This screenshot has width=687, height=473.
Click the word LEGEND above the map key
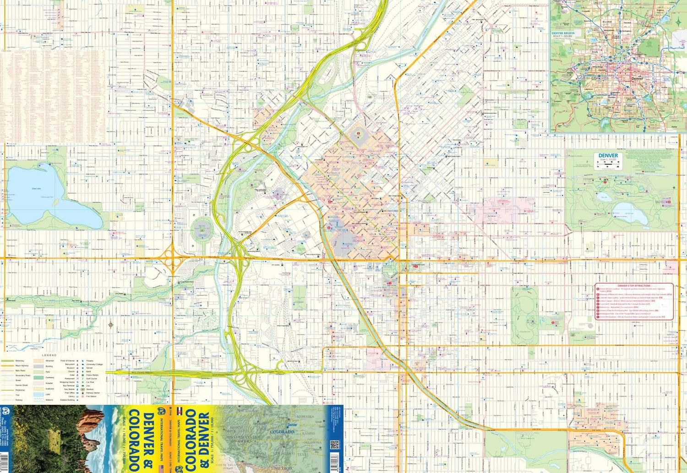pyautogui.click(x=49, y=355)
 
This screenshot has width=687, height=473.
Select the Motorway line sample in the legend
pyautogui.click(x=8, y=361)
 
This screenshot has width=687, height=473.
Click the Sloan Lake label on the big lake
pyautogui.click(x=36, y=189)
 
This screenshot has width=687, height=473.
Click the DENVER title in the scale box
pyautogui.click(x=608, y=156)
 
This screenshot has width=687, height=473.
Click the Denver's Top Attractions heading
pyautogui.click(x=634, y=286)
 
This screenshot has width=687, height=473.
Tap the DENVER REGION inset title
pyautogui.click(x=563, y=33)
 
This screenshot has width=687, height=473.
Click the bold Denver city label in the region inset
pyautogui.click(x=637, y=79)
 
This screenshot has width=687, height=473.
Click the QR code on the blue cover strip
pyautogui.click(x=334, y=445)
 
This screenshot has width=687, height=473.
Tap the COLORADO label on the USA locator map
pyautogui.click(x=282, y=432)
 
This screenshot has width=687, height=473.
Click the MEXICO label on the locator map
pyautogui.click(x=283, y=468)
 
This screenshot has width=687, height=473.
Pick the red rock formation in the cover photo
pyautogui.click(x=89, y=426)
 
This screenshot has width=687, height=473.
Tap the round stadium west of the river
pyautogui.click(x=202, y=229)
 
